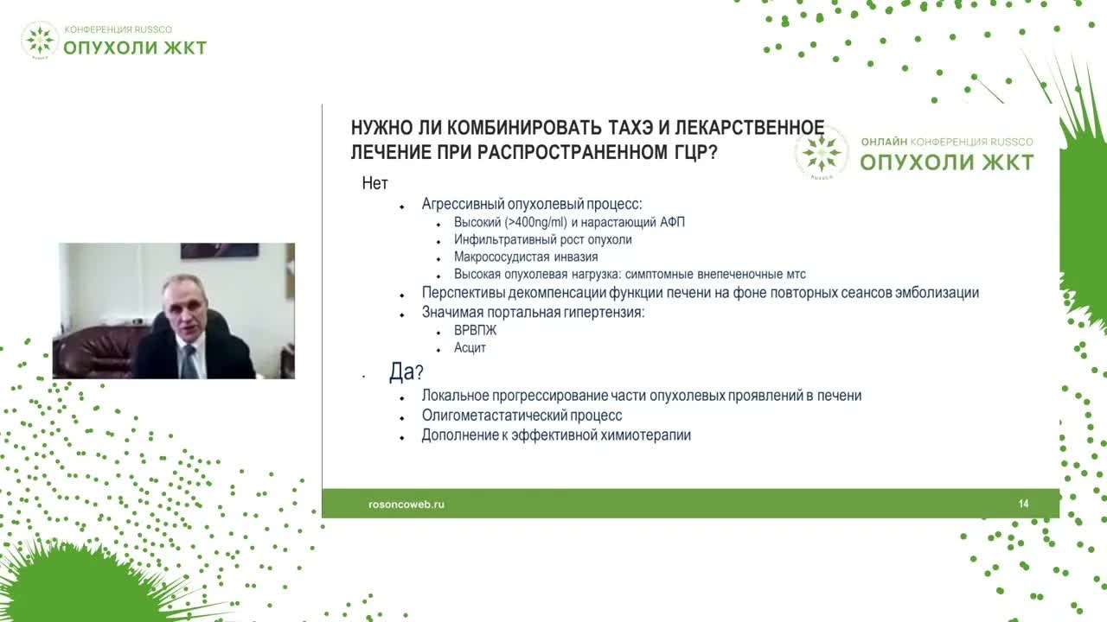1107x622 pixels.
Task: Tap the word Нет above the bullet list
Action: (374, 184)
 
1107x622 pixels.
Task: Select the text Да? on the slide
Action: (406, 372)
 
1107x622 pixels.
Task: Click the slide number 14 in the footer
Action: (1024, 504)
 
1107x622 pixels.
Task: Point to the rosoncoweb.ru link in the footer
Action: (406, 504)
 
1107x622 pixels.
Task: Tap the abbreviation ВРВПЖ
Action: (475, 331)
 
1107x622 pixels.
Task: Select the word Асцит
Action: (470, 348)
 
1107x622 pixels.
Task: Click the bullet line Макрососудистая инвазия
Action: (525, 257)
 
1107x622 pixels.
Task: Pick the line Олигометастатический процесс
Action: (522, 416)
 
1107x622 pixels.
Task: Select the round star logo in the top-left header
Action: (40, 40)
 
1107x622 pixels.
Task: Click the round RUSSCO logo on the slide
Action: (821, 153)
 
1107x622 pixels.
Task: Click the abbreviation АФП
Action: (671, 222)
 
